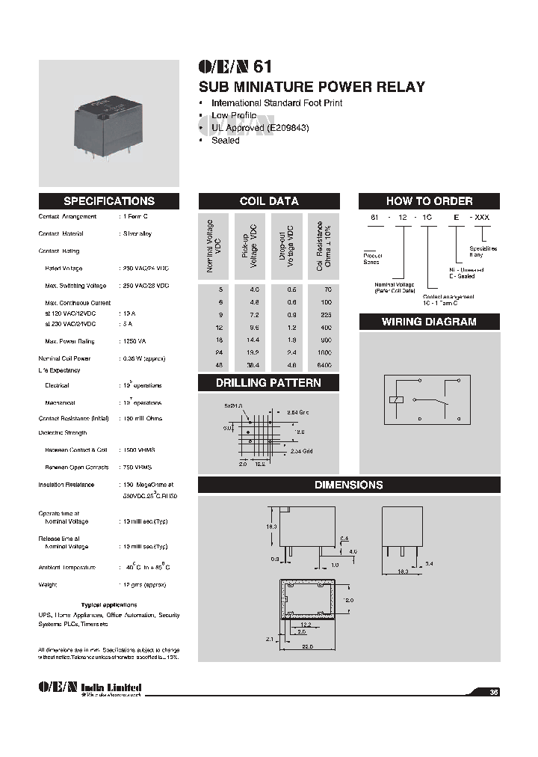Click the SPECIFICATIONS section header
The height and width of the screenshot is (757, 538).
[109, 201]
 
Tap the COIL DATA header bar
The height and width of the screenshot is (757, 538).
[269, 201]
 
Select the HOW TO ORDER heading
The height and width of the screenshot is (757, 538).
[429, 201]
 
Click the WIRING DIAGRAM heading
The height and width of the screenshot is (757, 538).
[429, 322]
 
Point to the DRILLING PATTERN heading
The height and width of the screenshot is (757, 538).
[269, 383]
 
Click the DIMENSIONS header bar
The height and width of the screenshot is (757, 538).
[348, 485]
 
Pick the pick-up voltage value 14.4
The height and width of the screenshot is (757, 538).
[253, 339]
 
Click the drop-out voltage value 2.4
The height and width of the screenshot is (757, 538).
[288, 352]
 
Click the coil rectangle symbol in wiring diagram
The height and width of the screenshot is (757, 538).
[397, 399]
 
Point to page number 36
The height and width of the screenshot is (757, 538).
[493, 692]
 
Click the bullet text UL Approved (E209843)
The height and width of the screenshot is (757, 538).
[260, 128]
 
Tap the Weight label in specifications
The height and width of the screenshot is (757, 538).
[49, 584]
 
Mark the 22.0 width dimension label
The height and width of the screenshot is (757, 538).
[306, 648]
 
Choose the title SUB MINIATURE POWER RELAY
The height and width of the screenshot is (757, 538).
[311, 87]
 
